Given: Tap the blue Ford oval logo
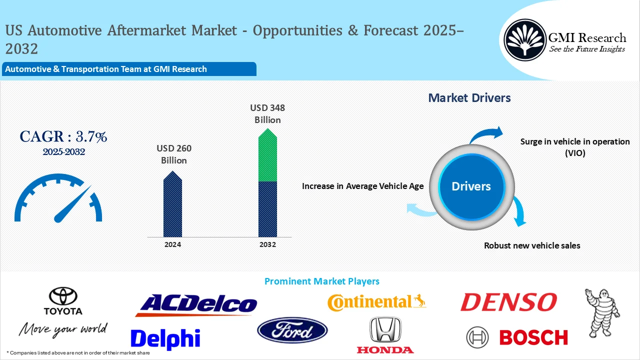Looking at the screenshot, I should click(292, 331).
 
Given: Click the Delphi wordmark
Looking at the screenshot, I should click(165, 338).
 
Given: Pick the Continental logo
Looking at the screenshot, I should click(376, 301).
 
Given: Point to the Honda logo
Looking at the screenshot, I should click(385, 335).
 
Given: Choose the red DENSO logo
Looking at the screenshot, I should click(508, 302).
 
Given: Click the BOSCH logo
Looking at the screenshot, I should click(517, 337).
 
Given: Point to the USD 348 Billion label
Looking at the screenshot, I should click(267, 113).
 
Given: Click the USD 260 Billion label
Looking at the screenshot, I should click(173, 154).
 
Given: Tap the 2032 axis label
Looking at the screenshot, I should click(267, 244).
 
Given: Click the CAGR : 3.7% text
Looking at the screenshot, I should click(63, 136).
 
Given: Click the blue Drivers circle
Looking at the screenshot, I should click(471, 186).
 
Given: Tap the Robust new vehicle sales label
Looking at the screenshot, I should click(532, 245).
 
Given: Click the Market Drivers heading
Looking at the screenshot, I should click(469, 97).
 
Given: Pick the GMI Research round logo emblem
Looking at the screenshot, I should click(525, 41).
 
